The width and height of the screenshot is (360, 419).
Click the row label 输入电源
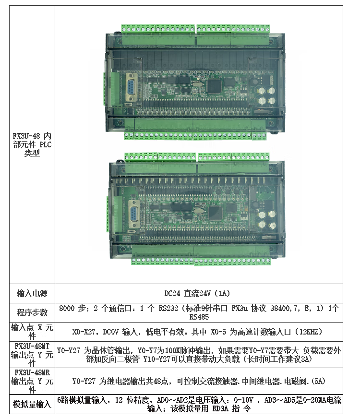click(x=32, y=293)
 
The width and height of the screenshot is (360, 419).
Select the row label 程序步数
click(x=32, y=312)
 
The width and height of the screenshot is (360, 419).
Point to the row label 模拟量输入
click(x=32, y=405)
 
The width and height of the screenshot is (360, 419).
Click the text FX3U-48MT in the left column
click(x=32, y=346)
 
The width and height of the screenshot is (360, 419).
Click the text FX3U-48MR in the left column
click(x=32, y=372)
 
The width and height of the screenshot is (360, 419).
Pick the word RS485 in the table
click(x=199, y=317)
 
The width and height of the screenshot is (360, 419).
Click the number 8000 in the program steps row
click(x=67, y=308)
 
